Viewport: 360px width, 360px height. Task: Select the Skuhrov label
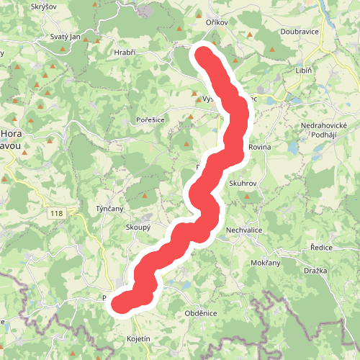coord(243,184)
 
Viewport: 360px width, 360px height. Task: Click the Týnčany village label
coord(110,209)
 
